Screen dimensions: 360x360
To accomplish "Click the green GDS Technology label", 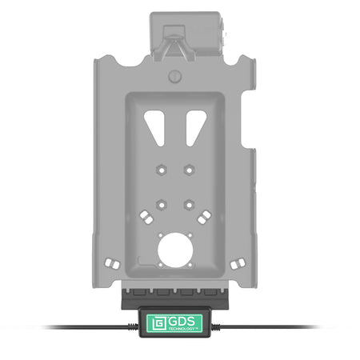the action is coord(174,323).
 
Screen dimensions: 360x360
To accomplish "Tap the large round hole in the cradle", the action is coord(175,250).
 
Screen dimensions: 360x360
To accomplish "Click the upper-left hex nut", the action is coord(161,170).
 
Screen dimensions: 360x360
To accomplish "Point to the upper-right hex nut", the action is coord(189,170).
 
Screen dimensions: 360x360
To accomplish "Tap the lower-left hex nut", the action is coord(161,205).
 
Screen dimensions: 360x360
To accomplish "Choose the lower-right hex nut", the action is coord(189,205).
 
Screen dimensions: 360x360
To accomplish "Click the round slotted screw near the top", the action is coord(175,77).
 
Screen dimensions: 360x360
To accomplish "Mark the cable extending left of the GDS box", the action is coord(87,327).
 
